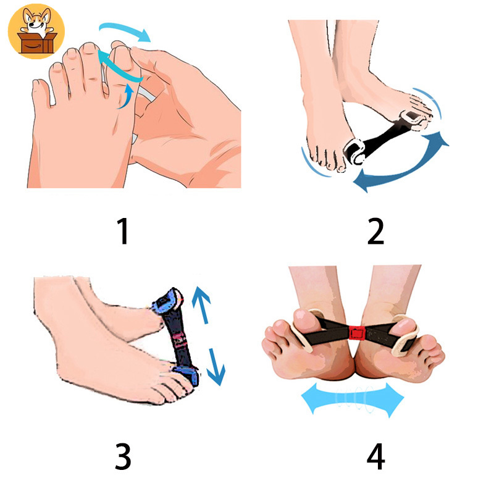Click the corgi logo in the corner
(x=36, y=31)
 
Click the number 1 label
(x=123, y=231)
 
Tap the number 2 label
(x=375, y=231)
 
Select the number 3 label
(x=123, y=456)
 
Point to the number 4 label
(x=376, y=456)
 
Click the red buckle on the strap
(x=357, y=333)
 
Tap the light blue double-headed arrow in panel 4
(x=353, y=400)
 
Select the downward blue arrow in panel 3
(x=216, y=367)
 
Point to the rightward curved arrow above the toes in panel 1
(x=125, y=30)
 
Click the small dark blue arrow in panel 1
(x=127, y=96)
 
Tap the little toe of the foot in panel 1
(x=40, y=91)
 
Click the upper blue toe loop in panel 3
(x=167, y=301)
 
